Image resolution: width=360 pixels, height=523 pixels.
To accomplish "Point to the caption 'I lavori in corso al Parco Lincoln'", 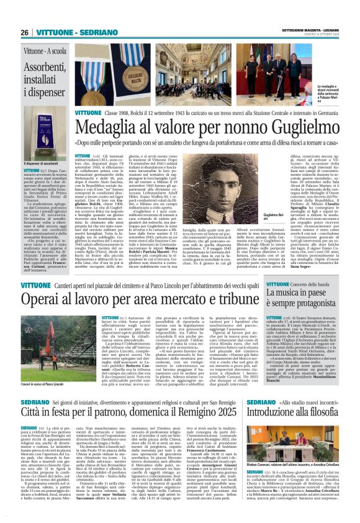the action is point(48,393).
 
